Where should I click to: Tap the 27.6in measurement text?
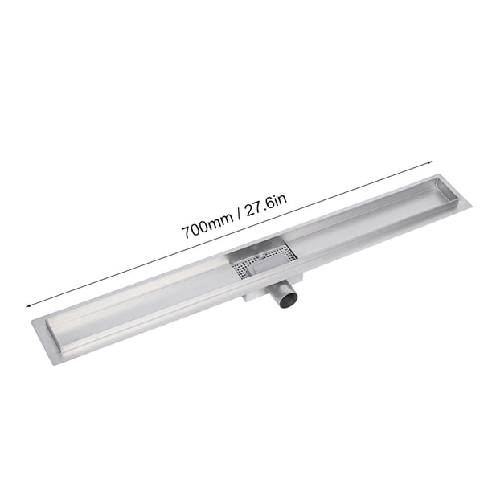(265, 206)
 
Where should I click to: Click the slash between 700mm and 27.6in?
(239, 216)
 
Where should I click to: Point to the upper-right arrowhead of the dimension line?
(429, 162)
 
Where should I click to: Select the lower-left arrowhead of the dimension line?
(29, 305)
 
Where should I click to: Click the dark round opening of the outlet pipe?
(289, 301)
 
